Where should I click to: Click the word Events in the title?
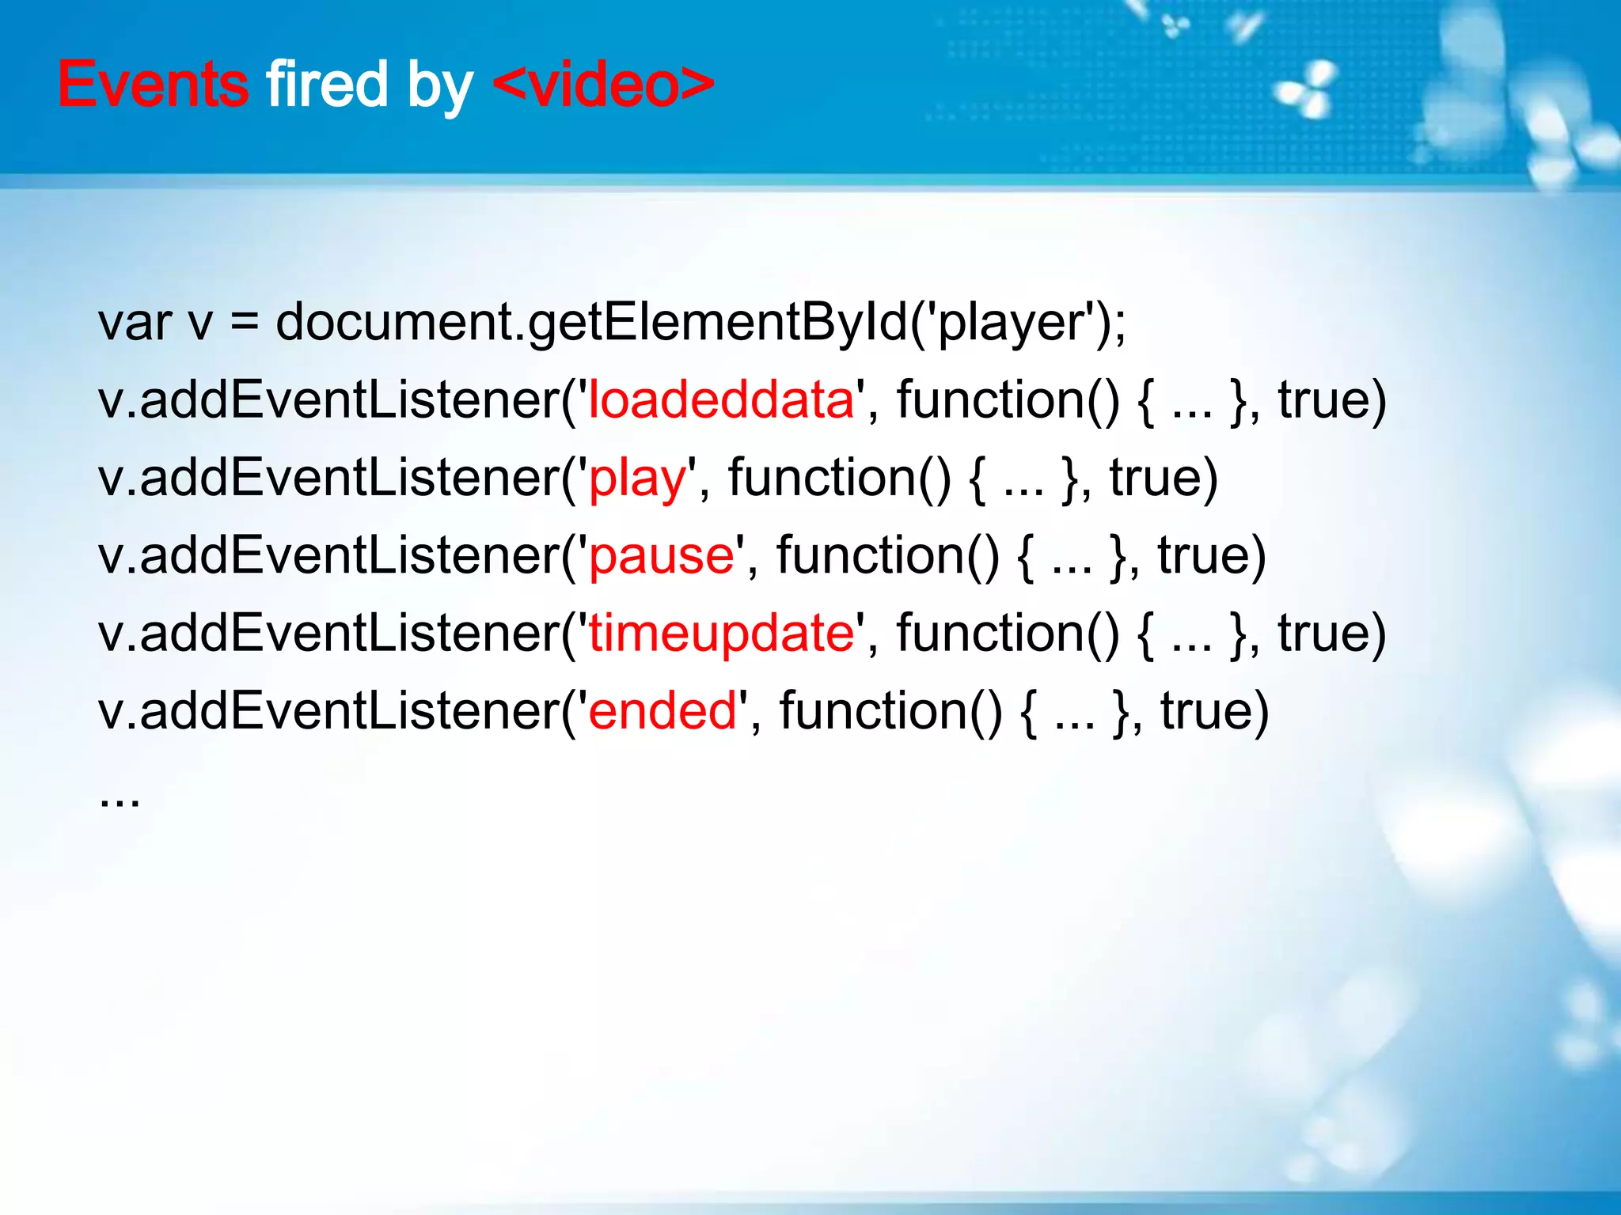(x=153, y=84)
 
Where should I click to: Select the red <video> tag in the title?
(x=603, y=84)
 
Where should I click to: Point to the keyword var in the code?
(x=135, y=323)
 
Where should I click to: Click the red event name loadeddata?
(x=721, y=399)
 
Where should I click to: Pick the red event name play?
(x=637, y=479)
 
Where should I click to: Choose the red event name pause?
(x=662, y=556)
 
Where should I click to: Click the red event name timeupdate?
(x=721, y=633)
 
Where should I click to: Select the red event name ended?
(x=662, y=710)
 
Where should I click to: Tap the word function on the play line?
(x=840, y=478)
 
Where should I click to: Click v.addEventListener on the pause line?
(x=329, y=555)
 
